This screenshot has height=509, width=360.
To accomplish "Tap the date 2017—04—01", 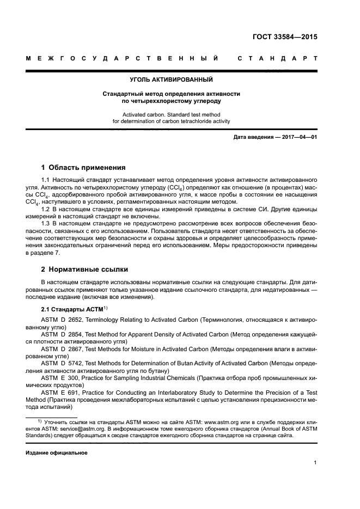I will point(297,137).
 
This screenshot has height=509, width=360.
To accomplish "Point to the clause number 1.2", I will point(46,208).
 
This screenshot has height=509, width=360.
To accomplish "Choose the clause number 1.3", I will point(46,223).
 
